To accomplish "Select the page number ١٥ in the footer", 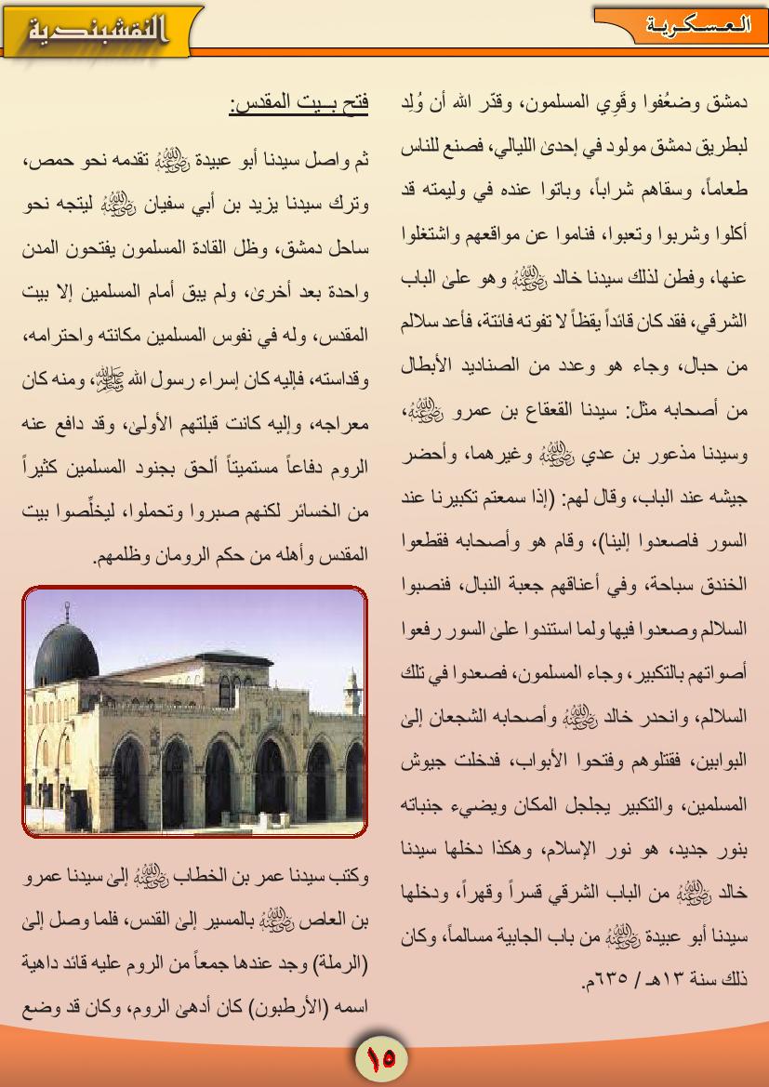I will coord(381,1057).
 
